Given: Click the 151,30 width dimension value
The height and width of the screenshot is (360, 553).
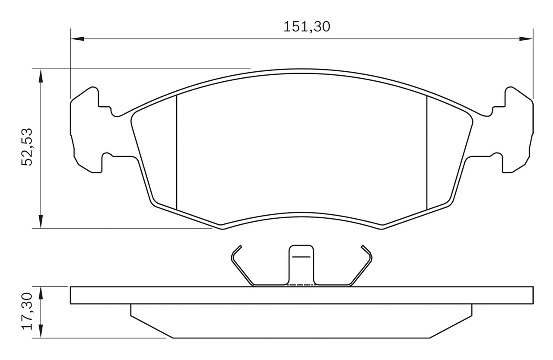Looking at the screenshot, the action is pos(307,27).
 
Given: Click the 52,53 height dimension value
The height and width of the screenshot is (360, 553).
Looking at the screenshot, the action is pos(27,147).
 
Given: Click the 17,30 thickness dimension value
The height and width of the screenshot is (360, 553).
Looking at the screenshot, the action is pos(27,311).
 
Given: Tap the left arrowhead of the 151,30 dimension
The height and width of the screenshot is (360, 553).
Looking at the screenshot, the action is pos(77,39).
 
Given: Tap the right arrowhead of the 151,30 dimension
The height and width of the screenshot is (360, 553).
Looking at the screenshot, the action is pos(526,39).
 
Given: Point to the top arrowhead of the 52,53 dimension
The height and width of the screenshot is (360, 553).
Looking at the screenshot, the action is pos(41,76).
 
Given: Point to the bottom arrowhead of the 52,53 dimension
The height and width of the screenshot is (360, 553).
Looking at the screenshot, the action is pos(41,222).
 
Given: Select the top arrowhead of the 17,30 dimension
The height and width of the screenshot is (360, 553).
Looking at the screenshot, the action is pos(41,293).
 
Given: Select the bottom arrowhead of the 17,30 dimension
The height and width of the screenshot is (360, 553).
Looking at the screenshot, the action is pos(41,331).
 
